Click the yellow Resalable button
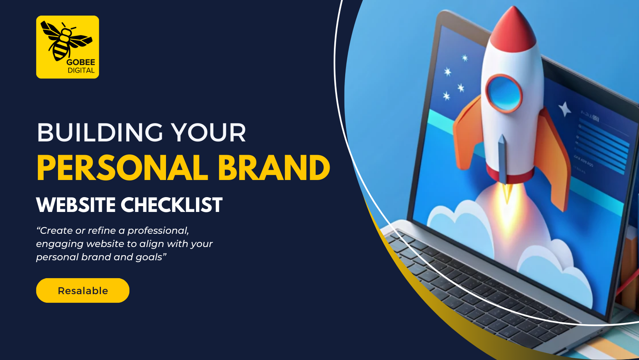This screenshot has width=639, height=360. pos(83,290)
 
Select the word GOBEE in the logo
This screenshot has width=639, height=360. pos(81,62)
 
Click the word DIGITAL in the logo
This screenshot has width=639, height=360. pos(81,71)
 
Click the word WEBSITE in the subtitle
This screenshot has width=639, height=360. pos(76,205)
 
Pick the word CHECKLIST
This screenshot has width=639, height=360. pos(171,205)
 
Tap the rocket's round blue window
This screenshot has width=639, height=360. pos(504,93)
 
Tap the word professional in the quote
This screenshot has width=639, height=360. pos(158,231)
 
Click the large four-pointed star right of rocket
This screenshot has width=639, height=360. pos(564,109)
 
